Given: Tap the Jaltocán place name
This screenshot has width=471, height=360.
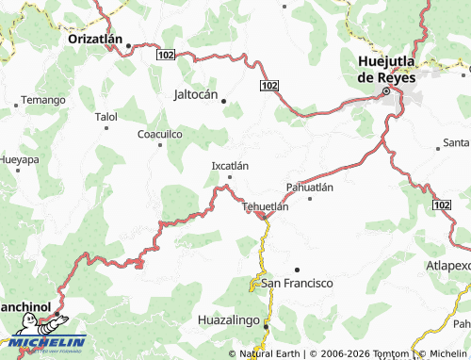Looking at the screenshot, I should tap(196, 95).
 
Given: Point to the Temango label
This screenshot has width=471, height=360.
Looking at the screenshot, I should tap(43, 99).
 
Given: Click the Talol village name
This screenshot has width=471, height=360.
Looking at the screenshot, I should tap(106, 117).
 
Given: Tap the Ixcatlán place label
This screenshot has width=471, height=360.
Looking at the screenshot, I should tap(230, 166).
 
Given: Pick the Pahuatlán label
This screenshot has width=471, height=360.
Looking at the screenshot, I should tap(310, 187).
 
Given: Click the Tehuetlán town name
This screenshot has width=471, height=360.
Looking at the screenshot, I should tap(265, 205).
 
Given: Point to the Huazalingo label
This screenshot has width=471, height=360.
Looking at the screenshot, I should tap(229, 320).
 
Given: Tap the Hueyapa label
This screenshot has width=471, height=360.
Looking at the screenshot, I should tap(19, 160).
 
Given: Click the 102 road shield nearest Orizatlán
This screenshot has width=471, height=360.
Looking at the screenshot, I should tap(166, 56).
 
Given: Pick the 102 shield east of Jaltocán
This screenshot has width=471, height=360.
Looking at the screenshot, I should tap(269, 86).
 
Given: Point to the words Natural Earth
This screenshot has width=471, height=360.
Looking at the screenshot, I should tap(270, 353).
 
